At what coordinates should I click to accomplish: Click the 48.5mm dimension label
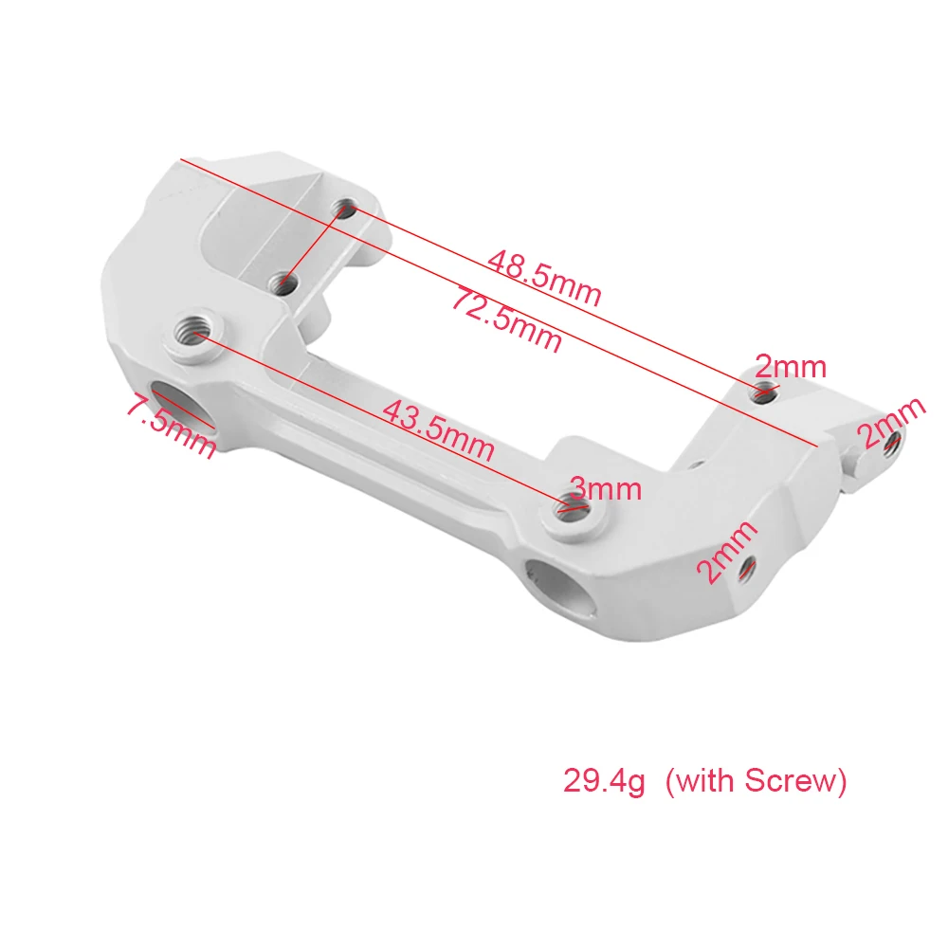(x=544, y=279)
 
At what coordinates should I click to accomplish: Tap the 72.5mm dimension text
(x=507, y=319)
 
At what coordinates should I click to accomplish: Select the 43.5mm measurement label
(x=439, y=429)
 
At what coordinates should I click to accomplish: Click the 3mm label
(x=605, y=488)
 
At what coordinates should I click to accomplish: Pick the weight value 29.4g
(x=604, y=780)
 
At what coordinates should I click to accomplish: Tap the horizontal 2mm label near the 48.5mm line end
(x=791, y=366)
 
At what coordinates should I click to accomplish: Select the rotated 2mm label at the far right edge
(x=891, y=422)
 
